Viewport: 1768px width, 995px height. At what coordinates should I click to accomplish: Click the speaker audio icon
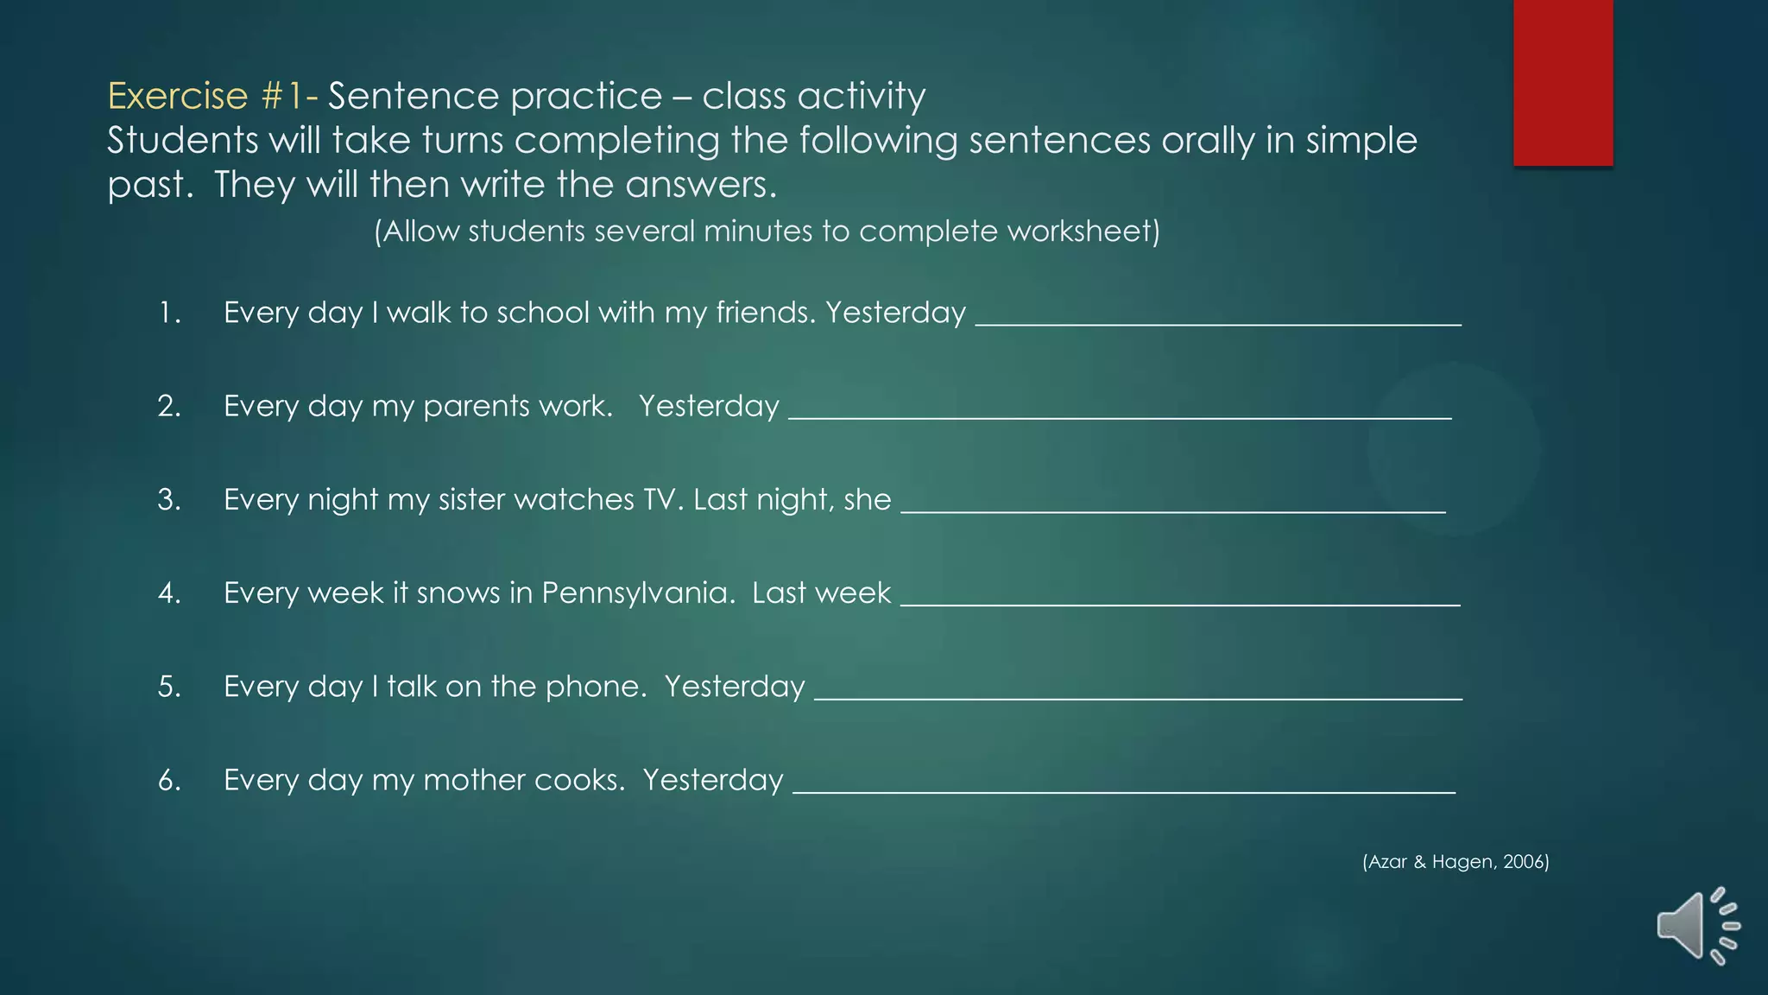click(1696, 926)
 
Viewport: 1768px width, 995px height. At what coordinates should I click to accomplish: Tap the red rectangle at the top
click(1563, 82)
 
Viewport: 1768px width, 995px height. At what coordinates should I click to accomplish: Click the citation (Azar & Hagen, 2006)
click(1455, 861)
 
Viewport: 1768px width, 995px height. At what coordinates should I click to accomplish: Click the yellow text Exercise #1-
click(212, 96)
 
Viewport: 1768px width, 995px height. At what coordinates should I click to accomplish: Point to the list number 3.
click(169, 499)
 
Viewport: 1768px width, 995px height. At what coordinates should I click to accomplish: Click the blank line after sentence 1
click(1217, 321)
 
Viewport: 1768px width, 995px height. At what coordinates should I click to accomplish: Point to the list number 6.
click(169, 780)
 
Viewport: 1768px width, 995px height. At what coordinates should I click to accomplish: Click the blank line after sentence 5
click(1138, 695)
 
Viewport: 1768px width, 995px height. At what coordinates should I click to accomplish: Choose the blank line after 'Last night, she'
click(1172, 509)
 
